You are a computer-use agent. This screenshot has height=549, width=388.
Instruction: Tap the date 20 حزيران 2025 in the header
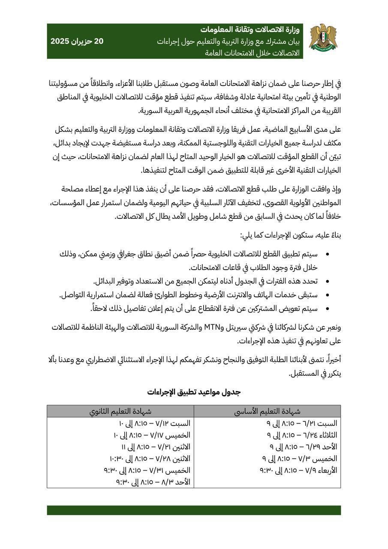tap(77, 42)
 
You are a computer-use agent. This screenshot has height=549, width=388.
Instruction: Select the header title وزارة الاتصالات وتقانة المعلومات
tap(250, 30)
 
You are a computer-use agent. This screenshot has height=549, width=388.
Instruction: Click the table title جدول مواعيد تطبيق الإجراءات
tap(194, 392)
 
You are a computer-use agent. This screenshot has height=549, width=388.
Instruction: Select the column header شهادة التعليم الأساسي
tap(267, 411)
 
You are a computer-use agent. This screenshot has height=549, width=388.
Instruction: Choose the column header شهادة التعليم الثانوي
tap(120, 411)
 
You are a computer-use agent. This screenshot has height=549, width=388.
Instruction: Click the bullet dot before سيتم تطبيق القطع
tap(328, 254)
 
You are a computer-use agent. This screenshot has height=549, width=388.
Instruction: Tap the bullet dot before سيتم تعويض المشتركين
tap(328, 309)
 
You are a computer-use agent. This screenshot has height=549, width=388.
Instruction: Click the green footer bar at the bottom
tap(194, 510)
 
